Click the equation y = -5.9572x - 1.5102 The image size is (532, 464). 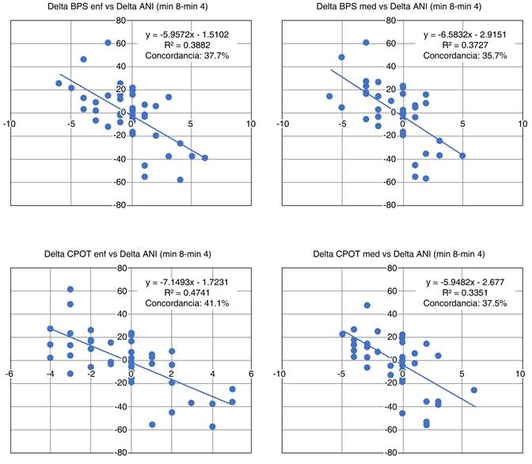[x=186, y=34]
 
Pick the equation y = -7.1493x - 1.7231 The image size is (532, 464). [x=186, y=283]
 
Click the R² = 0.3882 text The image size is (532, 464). [x=186, y=45]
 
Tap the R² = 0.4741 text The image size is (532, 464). [x=186, y=294]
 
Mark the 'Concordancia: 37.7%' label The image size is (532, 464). [x=186, y=56]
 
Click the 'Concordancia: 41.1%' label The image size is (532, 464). [x=186, y=305]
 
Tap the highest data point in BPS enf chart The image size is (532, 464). [x=108, y=43]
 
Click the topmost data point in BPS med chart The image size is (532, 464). [x=366, y=43]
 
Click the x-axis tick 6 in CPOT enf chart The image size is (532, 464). [x=251, y=374]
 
